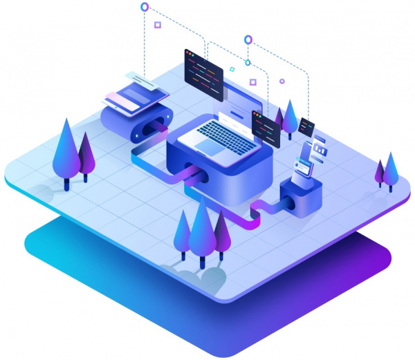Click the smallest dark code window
[x=306, y=127]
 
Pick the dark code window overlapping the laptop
[x=266, y=128]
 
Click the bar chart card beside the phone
[x=319, y=148]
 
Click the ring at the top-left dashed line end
[x=145, y=7]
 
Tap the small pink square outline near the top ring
[x=158, y=25]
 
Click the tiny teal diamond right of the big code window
[x=232, y=69]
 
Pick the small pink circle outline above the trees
[x=282, y=81]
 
